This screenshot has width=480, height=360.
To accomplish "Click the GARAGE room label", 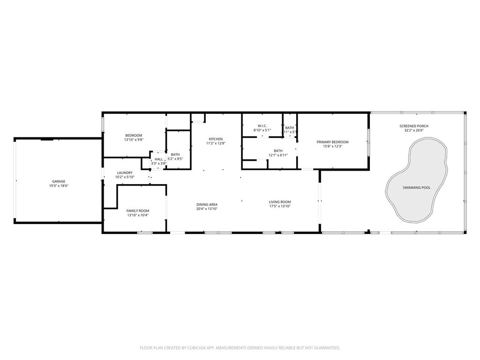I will coord(59,181).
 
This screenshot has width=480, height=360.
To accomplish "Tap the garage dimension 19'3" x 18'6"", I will coord(59,186).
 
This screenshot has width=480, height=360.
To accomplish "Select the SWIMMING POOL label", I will coord(416,187).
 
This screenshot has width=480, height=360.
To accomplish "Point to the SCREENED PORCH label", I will coord(413,126).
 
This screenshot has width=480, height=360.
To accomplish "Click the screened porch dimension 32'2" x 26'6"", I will coord(413,131).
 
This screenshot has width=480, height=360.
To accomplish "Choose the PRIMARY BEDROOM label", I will coord(332,142).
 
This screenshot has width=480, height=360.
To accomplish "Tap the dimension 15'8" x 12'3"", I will coord(332,147).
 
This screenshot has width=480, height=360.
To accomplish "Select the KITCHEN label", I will coord(216,139).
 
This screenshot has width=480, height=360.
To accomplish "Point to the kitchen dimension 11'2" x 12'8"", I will coord(216,143).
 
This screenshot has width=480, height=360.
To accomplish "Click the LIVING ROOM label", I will coord(280,202).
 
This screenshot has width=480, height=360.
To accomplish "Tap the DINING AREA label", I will coord(207,204).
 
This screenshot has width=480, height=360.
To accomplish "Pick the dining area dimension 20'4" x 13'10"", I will coord(207,209).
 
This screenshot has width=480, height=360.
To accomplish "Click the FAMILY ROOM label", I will coord(137,211).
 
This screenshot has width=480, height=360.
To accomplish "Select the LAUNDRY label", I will coord(125,172).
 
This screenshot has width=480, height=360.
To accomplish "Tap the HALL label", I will coord(158,159).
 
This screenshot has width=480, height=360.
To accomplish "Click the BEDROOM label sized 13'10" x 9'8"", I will coord(134,135).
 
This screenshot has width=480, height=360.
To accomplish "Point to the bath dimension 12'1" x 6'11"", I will coord(278,155).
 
